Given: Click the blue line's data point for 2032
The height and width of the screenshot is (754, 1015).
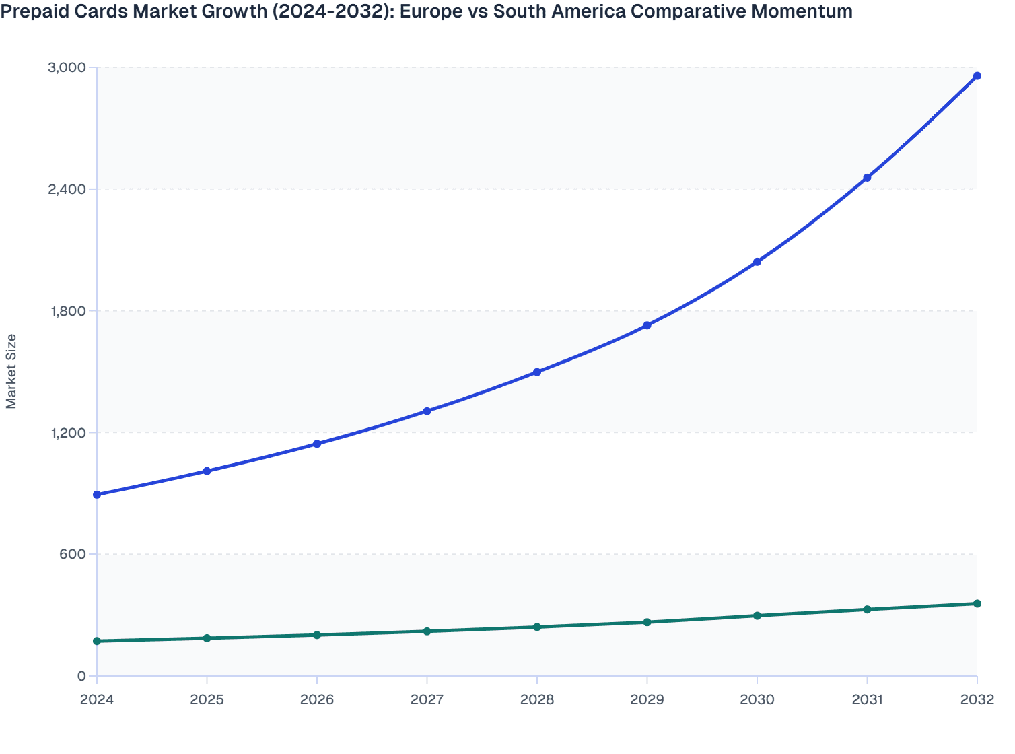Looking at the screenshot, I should [977, 76].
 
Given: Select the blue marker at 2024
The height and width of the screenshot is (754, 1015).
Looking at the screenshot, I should [97, 495].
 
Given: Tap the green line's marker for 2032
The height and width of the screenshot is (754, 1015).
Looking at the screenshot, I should [977, 604].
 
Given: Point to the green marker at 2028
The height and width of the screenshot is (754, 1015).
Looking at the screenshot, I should [537, 627].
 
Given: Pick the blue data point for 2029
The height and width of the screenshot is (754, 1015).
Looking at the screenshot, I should [647, 326].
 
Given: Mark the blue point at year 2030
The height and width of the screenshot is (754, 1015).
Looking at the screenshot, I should [757, 262].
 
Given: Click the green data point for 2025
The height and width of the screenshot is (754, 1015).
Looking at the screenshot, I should [207, 638].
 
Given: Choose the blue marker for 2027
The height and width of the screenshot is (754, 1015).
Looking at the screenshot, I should [427, 411].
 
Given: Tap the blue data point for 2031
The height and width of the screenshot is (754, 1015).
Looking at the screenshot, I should [867, 178].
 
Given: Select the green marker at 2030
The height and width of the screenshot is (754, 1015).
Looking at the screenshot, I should [757, 616].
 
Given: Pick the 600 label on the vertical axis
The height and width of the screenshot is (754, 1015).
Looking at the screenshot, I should [73, 555].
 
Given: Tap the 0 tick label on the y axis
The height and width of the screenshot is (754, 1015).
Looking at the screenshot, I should [81, 677].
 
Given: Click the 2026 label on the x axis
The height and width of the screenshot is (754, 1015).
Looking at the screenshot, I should [317, 700].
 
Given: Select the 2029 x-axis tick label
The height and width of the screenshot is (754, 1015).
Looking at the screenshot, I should [647, 700].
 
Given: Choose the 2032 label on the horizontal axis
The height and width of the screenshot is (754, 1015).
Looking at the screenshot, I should [977, 700].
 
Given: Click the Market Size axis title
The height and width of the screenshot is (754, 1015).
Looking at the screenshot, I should [11, 371].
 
